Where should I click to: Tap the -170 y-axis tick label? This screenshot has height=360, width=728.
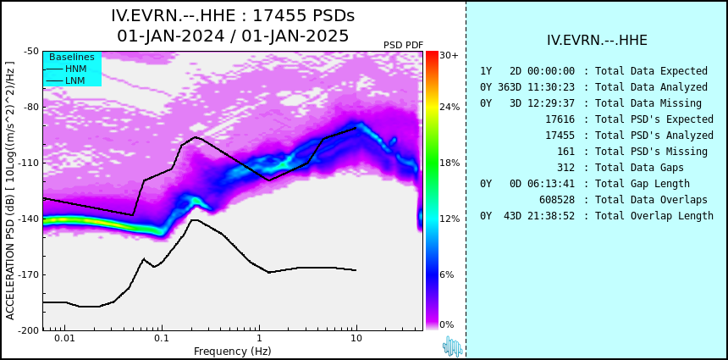[x=29, y=274]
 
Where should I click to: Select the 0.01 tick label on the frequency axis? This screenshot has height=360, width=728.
[x=65, y=339]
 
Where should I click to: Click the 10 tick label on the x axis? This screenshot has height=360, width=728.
[x=356, y=339]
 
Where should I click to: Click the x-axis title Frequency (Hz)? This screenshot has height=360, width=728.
[x=232, y=351]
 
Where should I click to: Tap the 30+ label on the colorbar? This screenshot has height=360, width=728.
[x=449, y=55]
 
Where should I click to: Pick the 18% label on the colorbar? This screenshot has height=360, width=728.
[x=449, y=163]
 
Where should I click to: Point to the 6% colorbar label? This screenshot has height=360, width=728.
[x=447, y=274]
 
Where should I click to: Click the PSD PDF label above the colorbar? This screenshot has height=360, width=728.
[x=403, y=45]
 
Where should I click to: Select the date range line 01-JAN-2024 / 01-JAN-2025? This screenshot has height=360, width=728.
[x=233, y=36]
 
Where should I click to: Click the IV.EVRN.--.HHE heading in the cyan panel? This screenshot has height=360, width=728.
[x=597, y=41]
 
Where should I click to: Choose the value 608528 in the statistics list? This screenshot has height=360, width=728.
[x=557, y=200]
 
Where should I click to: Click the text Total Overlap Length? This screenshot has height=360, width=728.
[x=654, y=215]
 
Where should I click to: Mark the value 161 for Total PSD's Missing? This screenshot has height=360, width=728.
[x=565, y=152]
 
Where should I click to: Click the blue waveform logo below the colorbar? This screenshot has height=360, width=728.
[x=453, y=346]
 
